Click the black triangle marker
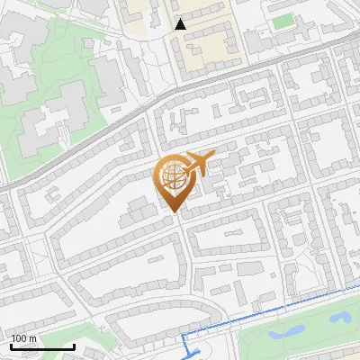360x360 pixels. [181, 24]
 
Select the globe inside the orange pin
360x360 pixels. [175, 177]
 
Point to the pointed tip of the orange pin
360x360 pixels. [173, 212]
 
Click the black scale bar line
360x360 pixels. [42, 347]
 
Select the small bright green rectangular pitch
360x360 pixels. [283, 20]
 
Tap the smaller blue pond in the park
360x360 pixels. [343, 317]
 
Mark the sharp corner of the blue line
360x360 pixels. [185, 335]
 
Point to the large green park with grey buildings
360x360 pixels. [54, 99]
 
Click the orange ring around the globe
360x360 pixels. [162, 177]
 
